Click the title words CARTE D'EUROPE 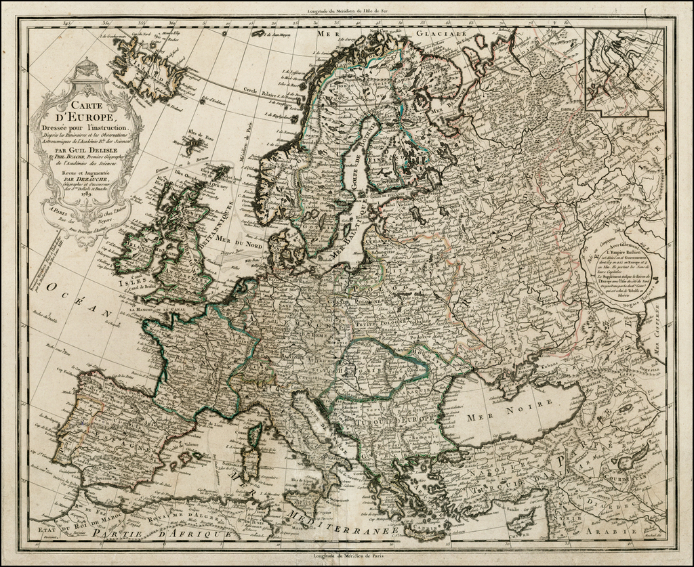pyautogui.click(x=87, y=113)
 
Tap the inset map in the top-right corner pyautogui.click(x=624, y=69)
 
